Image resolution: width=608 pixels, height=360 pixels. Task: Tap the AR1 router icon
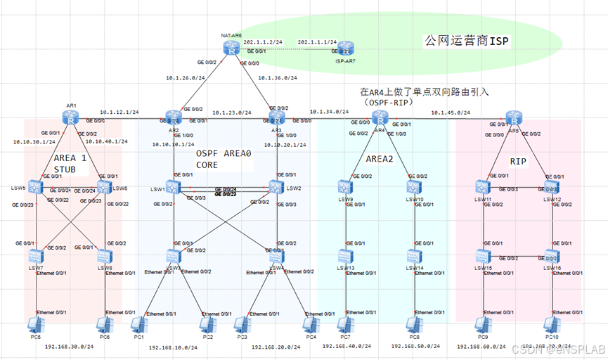(x=72, y=119)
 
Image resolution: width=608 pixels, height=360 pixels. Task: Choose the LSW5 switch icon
(x=38, y=187)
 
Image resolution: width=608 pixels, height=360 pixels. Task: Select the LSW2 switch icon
(x=277, y=187)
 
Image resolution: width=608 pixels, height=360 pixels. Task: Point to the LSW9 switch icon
(x=344, y=187)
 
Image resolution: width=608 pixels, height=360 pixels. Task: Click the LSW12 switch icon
(x=550, y=187)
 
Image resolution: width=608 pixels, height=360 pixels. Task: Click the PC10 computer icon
(x=550, y=325)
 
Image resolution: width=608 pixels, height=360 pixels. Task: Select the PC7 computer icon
(x=344, y=325)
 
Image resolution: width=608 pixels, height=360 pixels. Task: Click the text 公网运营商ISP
(x=467, y=41)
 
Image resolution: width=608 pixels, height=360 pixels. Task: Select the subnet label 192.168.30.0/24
(x=69, y=347)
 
